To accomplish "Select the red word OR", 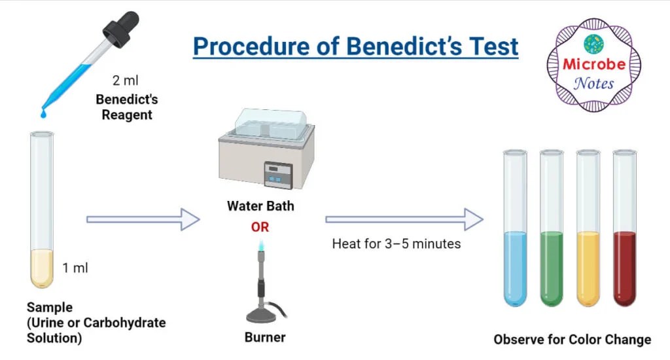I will point(260,227).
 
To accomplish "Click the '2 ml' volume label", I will point(126,82).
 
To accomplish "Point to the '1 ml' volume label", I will point(75,268).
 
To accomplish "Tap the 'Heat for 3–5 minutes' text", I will point(397,244).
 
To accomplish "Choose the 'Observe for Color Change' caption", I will point(572,340).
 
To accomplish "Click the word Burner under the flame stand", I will point(265,338).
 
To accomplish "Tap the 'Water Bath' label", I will point(260,206).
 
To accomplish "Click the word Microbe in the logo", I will point(594,65).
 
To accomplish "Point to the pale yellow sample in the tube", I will point(43,268).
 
